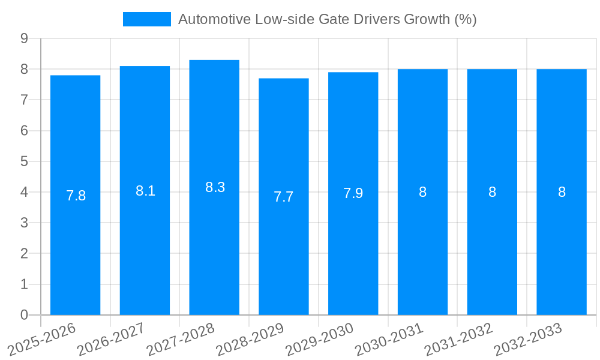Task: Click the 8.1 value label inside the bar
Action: click(x=145, y=191)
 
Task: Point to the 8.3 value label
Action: click(x=215, y=187)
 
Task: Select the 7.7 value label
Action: click(x=284, y=197)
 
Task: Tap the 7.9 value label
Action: click(x=353, y=193)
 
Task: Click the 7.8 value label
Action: click(x=76, y=196)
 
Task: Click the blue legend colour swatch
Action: click(x=146, y=19)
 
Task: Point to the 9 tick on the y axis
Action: click(x=24, y=38)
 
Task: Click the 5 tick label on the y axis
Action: click(x=24, y=161)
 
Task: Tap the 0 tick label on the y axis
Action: click(x=24, y=315)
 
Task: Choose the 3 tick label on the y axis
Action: click(x=24, y=223)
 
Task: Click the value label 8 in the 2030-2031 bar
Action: click(x=422, y=192)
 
